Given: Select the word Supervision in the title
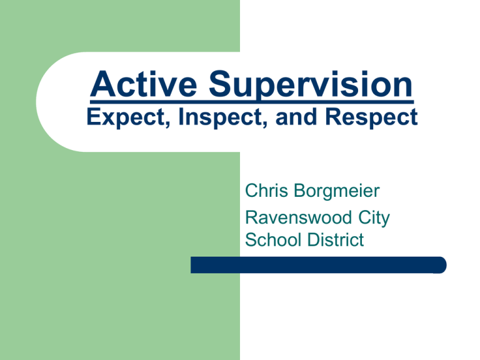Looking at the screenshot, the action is click(x=311, y=86).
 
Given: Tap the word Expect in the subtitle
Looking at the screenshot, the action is click(x=126, y=118).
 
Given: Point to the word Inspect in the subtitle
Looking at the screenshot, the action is click(x=221, y=118).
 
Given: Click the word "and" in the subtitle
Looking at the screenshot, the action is click(x=296, y=116).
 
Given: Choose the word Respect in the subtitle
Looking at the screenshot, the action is click(x=371, y=118).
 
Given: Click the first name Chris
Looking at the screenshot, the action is click(x=266, y=191).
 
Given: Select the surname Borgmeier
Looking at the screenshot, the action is click(x=337, y=192).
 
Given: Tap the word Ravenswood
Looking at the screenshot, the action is click(x=298, y=217).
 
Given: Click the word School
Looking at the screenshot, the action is click(x=274, y=239).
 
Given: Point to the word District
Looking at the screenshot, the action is click(x=336, y=239).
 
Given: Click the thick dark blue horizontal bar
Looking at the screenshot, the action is click(x=318, y=265).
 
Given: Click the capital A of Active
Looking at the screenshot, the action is click(x=102, y=84).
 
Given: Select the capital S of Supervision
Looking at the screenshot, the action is click(x=221, y=84).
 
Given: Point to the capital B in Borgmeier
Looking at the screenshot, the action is click(x=300, y=191).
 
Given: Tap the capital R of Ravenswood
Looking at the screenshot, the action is click(x=252, y=217).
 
